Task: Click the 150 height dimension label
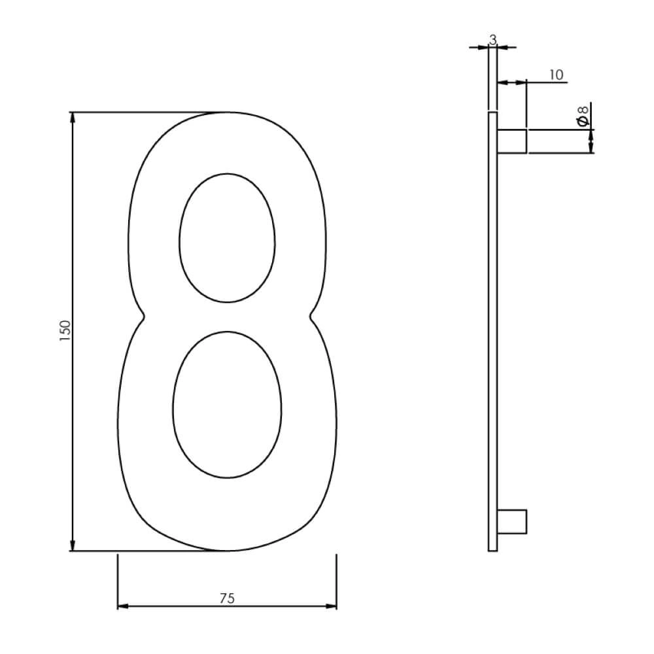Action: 64,332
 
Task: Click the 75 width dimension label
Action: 227,598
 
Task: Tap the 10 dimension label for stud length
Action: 555,75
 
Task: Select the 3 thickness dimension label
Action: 493,40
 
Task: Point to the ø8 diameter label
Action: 582,116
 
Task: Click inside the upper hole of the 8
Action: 227,238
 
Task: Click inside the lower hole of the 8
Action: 227,404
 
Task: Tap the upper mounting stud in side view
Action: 512,141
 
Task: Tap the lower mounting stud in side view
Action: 512,521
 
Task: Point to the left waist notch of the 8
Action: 143,318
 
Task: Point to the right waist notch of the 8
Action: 312,318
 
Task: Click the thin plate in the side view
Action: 492,327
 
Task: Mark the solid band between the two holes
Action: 227,317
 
